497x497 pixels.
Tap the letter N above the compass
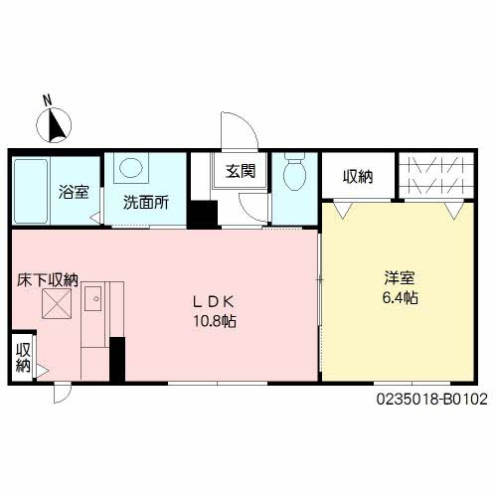[47, 99]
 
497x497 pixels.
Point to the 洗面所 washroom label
[145, 201]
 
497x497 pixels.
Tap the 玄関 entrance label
[239, 171]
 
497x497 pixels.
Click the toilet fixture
[294, 174]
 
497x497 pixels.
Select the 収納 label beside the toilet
[358, 177]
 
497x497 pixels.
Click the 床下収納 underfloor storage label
[46, 281]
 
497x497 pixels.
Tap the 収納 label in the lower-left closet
[23, 357]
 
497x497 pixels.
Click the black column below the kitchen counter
[117, 358]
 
